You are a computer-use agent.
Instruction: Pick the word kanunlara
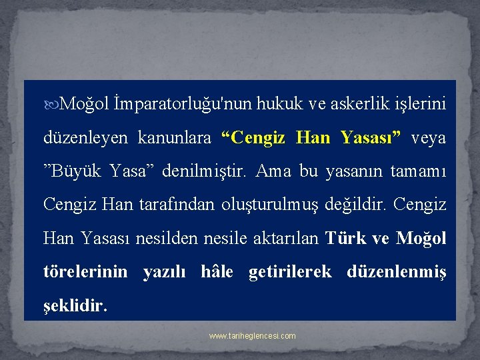174,138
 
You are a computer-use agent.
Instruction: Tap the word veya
429,138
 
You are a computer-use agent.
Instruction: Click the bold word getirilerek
290,272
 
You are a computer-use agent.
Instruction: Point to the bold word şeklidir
74,305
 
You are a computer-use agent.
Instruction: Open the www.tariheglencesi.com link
253,336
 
